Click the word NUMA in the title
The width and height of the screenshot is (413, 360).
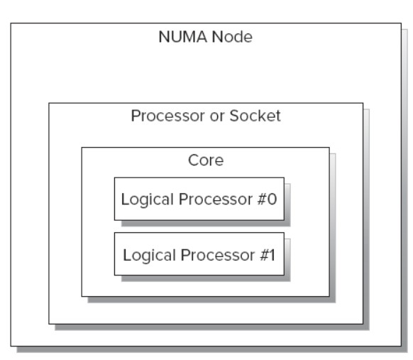tap(183, 37)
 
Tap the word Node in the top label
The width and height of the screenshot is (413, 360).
tap(232, 37)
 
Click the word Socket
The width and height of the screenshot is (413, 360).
tap(255, 116)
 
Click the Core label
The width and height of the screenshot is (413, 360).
tap(206, 160)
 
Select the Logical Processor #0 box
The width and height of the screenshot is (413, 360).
tap(199, 199)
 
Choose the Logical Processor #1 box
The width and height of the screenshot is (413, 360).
tap(199, 254)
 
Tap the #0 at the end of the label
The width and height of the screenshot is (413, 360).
tap(267, 199)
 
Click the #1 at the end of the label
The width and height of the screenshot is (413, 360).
tap(268, 255)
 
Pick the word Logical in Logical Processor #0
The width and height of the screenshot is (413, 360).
tap(147, 200)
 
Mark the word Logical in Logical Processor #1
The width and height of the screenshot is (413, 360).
tap(149, 256)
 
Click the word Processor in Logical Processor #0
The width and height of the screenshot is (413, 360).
tap(216, 199)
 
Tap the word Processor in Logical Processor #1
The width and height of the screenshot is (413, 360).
tap(218, 255)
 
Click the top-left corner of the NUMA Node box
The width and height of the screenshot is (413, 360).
tap(11, 23)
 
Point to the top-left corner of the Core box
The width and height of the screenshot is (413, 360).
tap(82, 148)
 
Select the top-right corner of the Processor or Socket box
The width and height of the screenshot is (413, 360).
tap(363, 103)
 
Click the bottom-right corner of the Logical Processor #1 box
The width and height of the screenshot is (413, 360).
tap(284, 276)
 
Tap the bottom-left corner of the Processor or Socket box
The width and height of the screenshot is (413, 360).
tap(49, 324)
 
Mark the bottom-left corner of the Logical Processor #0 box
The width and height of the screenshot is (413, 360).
tap(114, 220)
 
